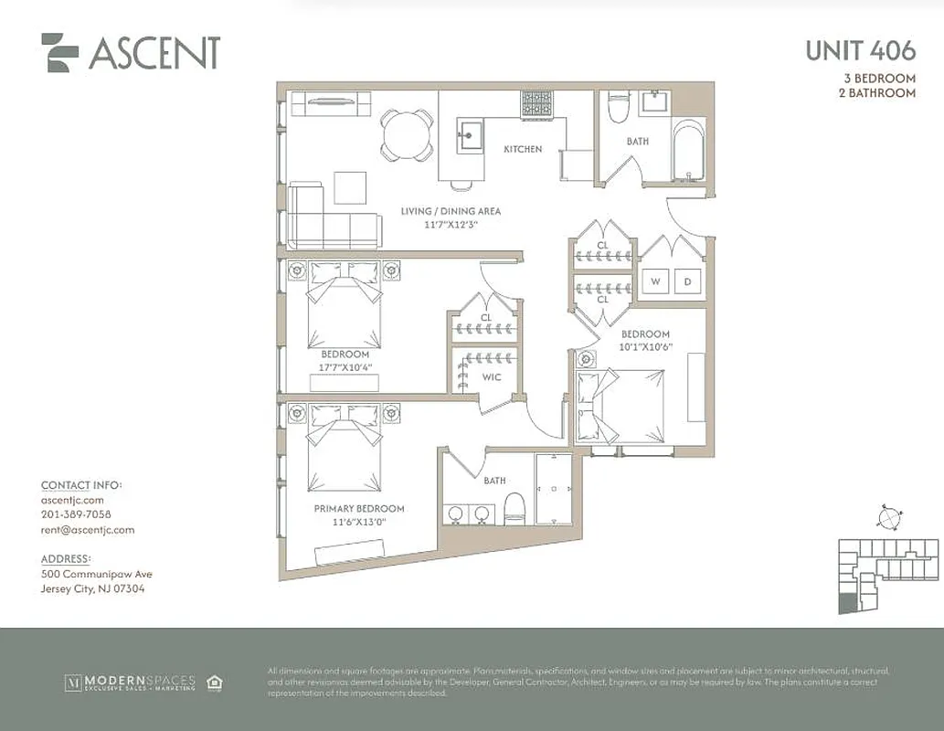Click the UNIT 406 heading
859,51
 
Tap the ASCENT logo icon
60,52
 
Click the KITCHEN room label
523,149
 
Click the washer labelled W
655,282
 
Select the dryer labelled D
687,282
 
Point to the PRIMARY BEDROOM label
358,508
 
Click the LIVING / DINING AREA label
451,211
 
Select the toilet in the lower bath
514,508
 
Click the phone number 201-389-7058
77,514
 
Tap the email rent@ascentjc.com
88,529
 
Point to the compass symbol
886,516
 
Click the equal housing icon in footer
216,683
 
